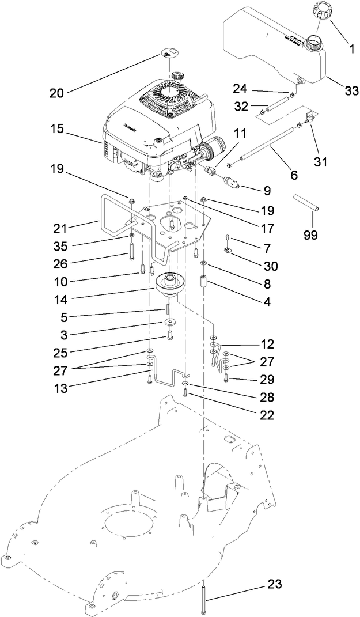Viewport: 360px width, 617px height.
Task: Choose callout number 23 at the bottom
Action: point(275,584)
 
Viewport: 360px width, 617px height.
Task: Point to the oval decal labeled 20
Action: point(166,54)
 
